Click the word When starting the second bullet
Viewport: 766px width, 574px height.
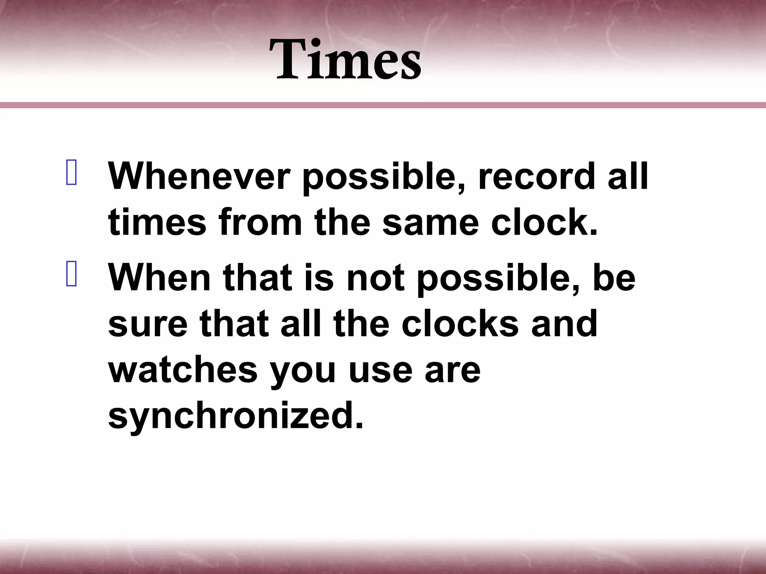tap(159, 277)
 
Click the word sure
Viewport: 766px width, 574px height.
tap(148, 324)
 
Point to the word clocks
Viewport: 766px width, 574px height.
tap(460, 324)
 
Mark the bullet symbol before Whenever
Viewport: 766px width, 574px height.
tap(71, 173)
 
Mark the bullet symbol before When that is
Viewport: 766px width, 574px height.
tap(71, 274)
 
